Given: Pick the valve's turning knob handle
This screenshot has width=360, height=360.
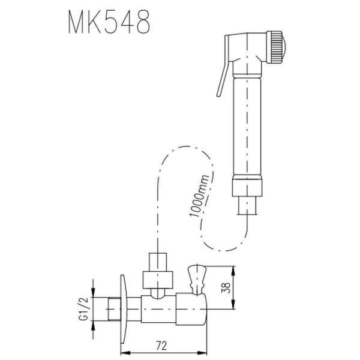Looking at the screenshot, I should [197, 277].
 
